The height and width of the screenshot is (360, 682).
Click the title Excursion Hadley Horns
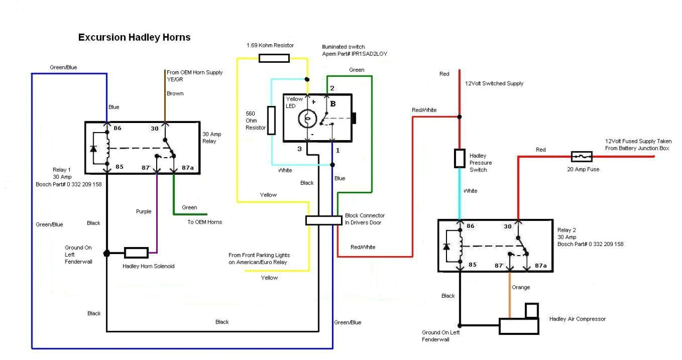134,37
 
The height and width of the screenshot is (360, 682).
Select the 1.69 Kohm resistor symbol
274,58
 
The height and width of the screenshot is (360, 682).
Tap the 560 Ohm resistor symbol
271,120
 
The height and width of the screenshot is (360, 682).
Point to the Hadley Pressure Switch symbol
459,158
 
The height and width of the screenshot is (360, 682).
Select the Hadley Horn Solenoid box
136,252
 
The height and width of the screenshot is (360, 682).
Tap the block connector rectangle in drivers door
323,220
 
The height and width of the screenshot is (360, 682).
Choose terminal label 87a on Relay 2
541,265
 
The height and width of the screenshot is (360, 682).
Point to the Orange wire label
521,288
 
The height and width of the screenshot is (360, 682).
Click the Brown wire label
175,93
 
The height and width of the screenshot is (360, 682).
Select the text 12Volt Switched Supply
494,84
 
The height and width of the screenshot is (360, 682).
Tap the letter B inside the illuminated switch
332,104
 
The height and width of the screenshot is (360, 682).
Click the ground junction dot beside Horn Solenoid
107,252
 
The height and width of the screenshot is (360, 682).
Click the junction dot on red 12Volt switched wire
459,116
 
